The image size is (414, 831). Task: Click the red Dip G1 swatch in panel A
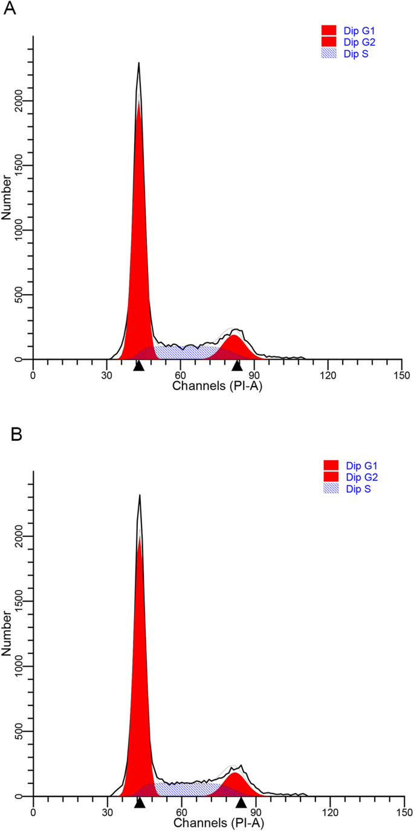pos(329,30)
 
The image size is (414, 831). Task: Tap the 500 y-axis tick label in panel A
pos(22,295)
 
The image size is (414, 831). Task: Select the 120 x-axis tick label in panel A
pos(328,375)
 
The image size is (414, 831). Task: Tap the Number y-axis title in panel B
pos(7,634)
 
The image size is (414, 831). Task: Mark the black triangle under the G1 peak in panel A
pos(138,365)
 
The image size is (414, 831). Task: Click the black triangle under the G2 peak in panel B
pos(241,802)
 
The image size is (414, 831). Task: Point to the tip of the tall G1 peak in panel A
pos(138,63)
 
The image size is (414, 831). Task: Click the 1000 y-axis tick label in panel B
pos(22,666)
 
